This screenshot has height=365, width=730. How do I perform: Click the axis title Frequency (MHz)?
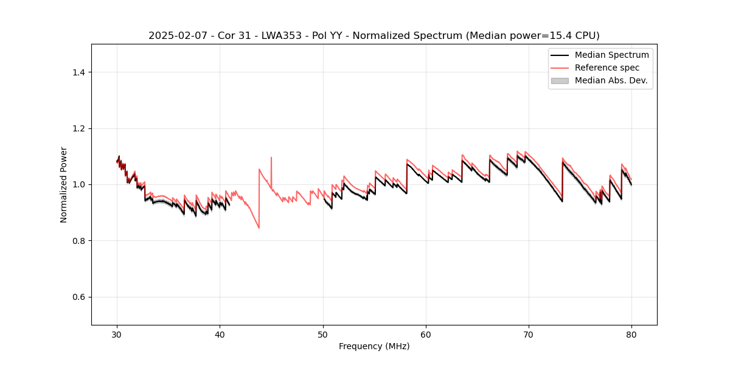pyautogui.click(x=374, y=346)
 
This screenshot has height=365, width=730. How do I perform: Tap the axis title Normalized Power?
pyautogui.click(x=64, y=184)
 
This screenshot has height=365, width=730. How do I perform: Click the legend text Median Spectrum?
pyautogui.click(x=611, y=55)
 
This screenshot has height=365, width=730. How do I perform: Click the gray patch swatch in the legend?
pyautogui.click(x=560, y=80)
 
